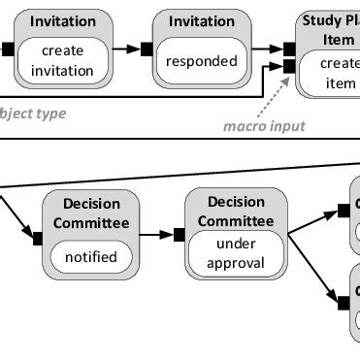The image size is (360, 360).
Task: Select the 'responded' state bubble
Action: (x=202, y=60)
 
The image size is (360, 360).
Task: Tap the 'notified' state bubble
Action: (x=90, y=257)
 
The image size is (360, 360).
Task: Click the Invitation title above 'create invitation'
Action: (x=63, y=21)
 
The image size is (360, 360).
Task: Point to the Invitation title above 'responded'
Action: (x=202, y=21)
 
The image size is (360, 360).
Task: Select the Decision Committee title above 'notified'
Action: (x=90, y=213)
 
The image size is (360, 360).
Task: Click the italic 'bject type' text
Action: (x=33, y=114)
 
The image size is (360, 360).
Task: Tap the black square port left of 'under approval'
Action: (x=179, y=234)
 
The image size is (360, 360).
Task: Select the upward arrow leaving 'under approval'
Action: (x=316, y=219)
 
